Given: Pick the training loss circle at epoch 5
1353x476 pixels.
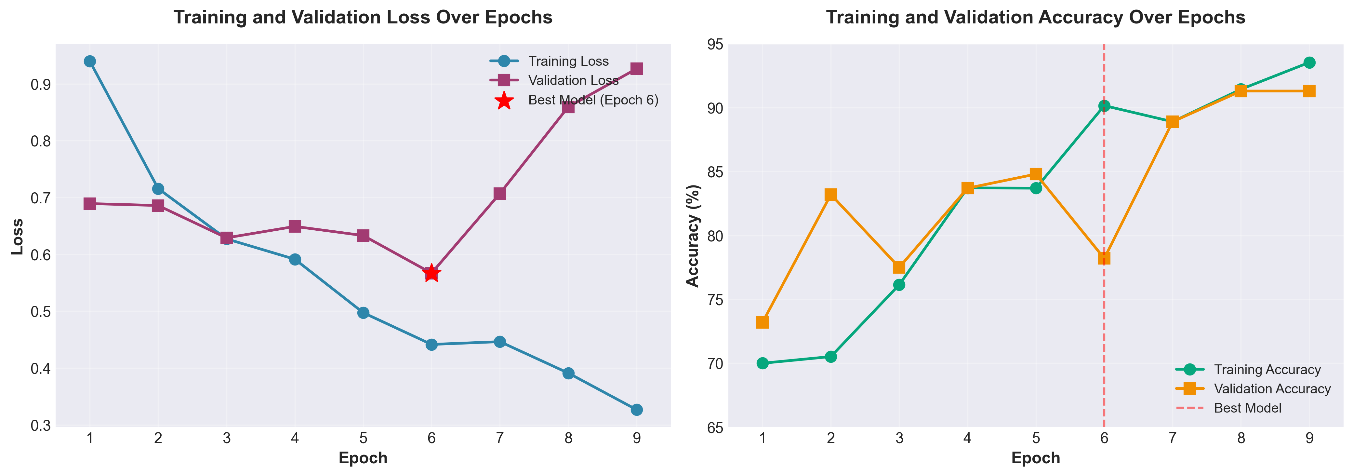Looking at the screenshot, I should pyautogui.click(x=363, y=313).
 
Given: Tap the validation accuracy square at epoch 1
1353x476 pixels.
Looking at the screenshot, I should pyautogui.click(x=763, y=322).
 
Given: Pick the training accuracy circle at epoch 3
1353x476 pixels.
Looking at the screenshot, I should pyautogui.click(x=899, y=285).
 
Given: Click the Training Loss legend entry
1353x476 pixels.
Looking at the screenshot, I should pyautogui.click(x=568, y=61).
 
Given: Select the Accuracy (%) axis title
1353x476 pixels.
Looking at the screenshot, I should pyautogui.click(x=693, y=236).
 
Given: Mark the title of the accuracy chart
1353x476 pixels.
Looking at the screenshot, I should pyautogui.click(x=1035, y=17).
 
